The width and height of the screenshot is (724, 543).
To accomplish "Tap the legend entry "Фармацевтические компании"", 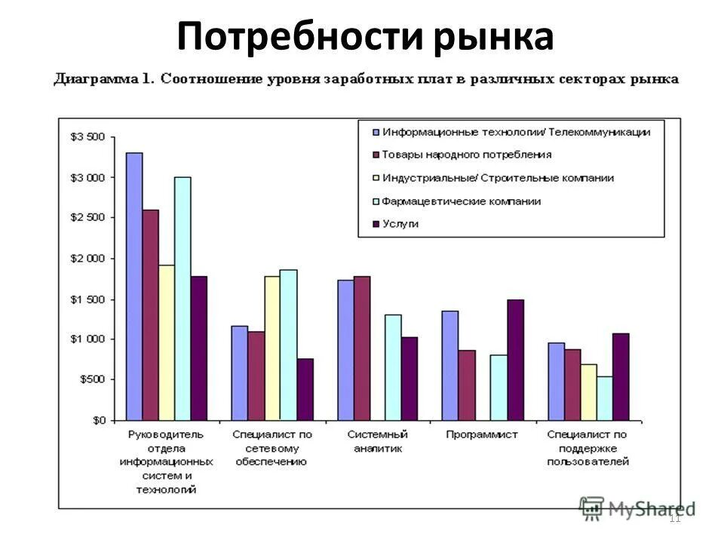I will tap(461, 201).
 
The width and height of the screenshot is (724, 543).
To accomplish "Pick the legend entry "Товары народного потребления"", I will tap(466, 155).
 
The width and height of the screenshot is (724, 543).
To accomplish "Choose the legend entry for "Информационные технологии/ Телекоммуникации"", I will tap(515, 131).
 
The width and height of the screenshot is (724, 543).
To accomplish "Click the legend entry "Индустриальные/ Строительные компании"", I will tap(497, 178).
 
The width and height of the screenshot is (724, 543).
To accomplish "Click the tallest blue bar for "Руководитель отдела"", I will tap(134, 287).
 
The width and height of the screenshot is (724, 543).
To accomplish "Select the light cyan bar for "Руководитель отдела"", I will tap(183, 299).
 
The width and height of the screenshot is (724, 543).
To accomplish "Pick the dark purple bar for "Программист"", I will tap(515, 360).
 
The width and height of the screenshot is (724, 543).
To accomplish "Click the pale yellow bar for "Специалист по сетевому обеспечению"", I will tap(272, 348).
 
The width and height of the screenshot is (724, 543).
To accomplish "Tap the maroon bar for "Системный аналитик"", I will tap(362, 348).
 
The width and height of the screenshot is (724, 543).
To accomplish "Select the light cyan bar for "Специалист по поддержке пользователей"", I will tap(604, 398).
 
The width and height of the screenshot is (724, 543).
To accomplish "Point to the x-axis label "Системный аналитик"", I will tap(377, 441).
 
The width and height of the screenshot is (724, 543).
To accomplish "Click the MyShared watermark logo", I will tap(637, 508).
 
